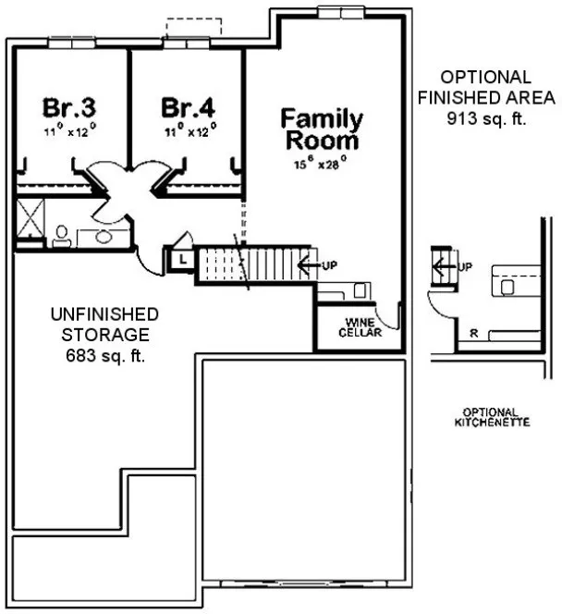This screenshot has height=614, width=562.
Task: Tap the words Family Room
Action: [x=322, y=129]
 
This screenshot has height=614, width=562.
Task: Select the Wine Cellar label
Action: [x=359, y=327]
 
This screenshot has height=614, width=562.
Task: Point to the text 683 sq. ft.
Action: [x=104, y=355]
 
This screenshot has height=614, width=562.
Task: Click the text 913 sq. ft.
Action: [x=486, y=118]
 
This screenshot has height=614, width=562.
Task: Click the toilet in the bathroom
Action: [x=61, y=235]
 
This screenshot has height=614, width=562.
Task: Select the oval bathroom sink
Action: [x=103, y=237]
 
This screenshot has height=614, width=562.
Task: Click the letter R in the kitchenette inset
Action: [x=473, y=334]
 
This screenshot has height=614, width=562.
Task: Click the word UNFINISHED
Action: [x=104, y=314]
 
